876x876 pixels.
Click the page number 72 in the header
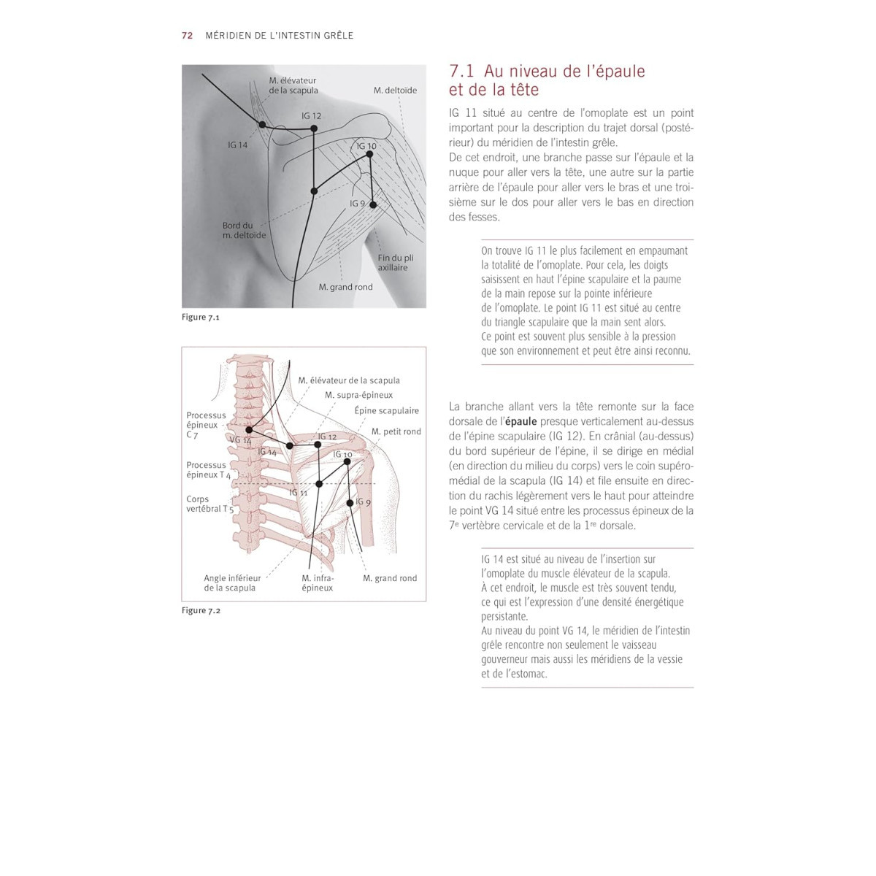click(x=188, y=35)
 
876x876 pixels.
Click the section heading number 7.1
click(x=462, y=72)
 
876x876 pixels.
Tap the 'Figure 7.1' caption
click(x=201, y=318)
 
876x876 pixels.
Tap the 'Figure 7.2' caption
click(x=201, y=610)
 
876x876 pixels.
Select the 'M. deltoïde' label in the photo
click(x=395, y=91)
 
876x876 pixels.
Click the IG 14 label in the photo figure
click(x=238, y=145)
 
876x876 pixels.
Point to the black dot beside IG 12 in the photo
click(x=314, y=128)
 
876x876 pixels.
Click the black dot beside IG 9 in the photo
click(x=373, y=205)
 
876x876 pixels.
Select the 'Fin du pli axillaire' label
click(x=395, y=263)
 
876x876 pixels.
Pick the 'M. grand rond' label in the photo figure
click(x=345, y=287)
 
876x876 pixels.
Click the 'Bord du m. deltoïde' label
click(x=244, y=231)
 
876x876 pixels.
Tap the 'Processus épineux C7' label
click(x=206, y=425)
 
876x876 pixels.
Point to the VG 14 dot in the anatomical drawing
click(x=250, y=430)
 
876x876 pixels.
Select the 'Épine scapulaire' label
click(x=387, y=410)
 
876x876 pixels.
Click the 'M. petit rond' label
click(x=396, y=431)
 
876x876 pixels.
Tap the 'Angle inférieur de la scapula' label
click(x=232, y=583)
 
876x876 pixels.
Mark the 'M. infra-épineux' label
click(x=318, y=583)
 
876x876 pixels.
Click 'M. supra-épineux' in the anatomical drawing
click(x=359, y=395)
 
